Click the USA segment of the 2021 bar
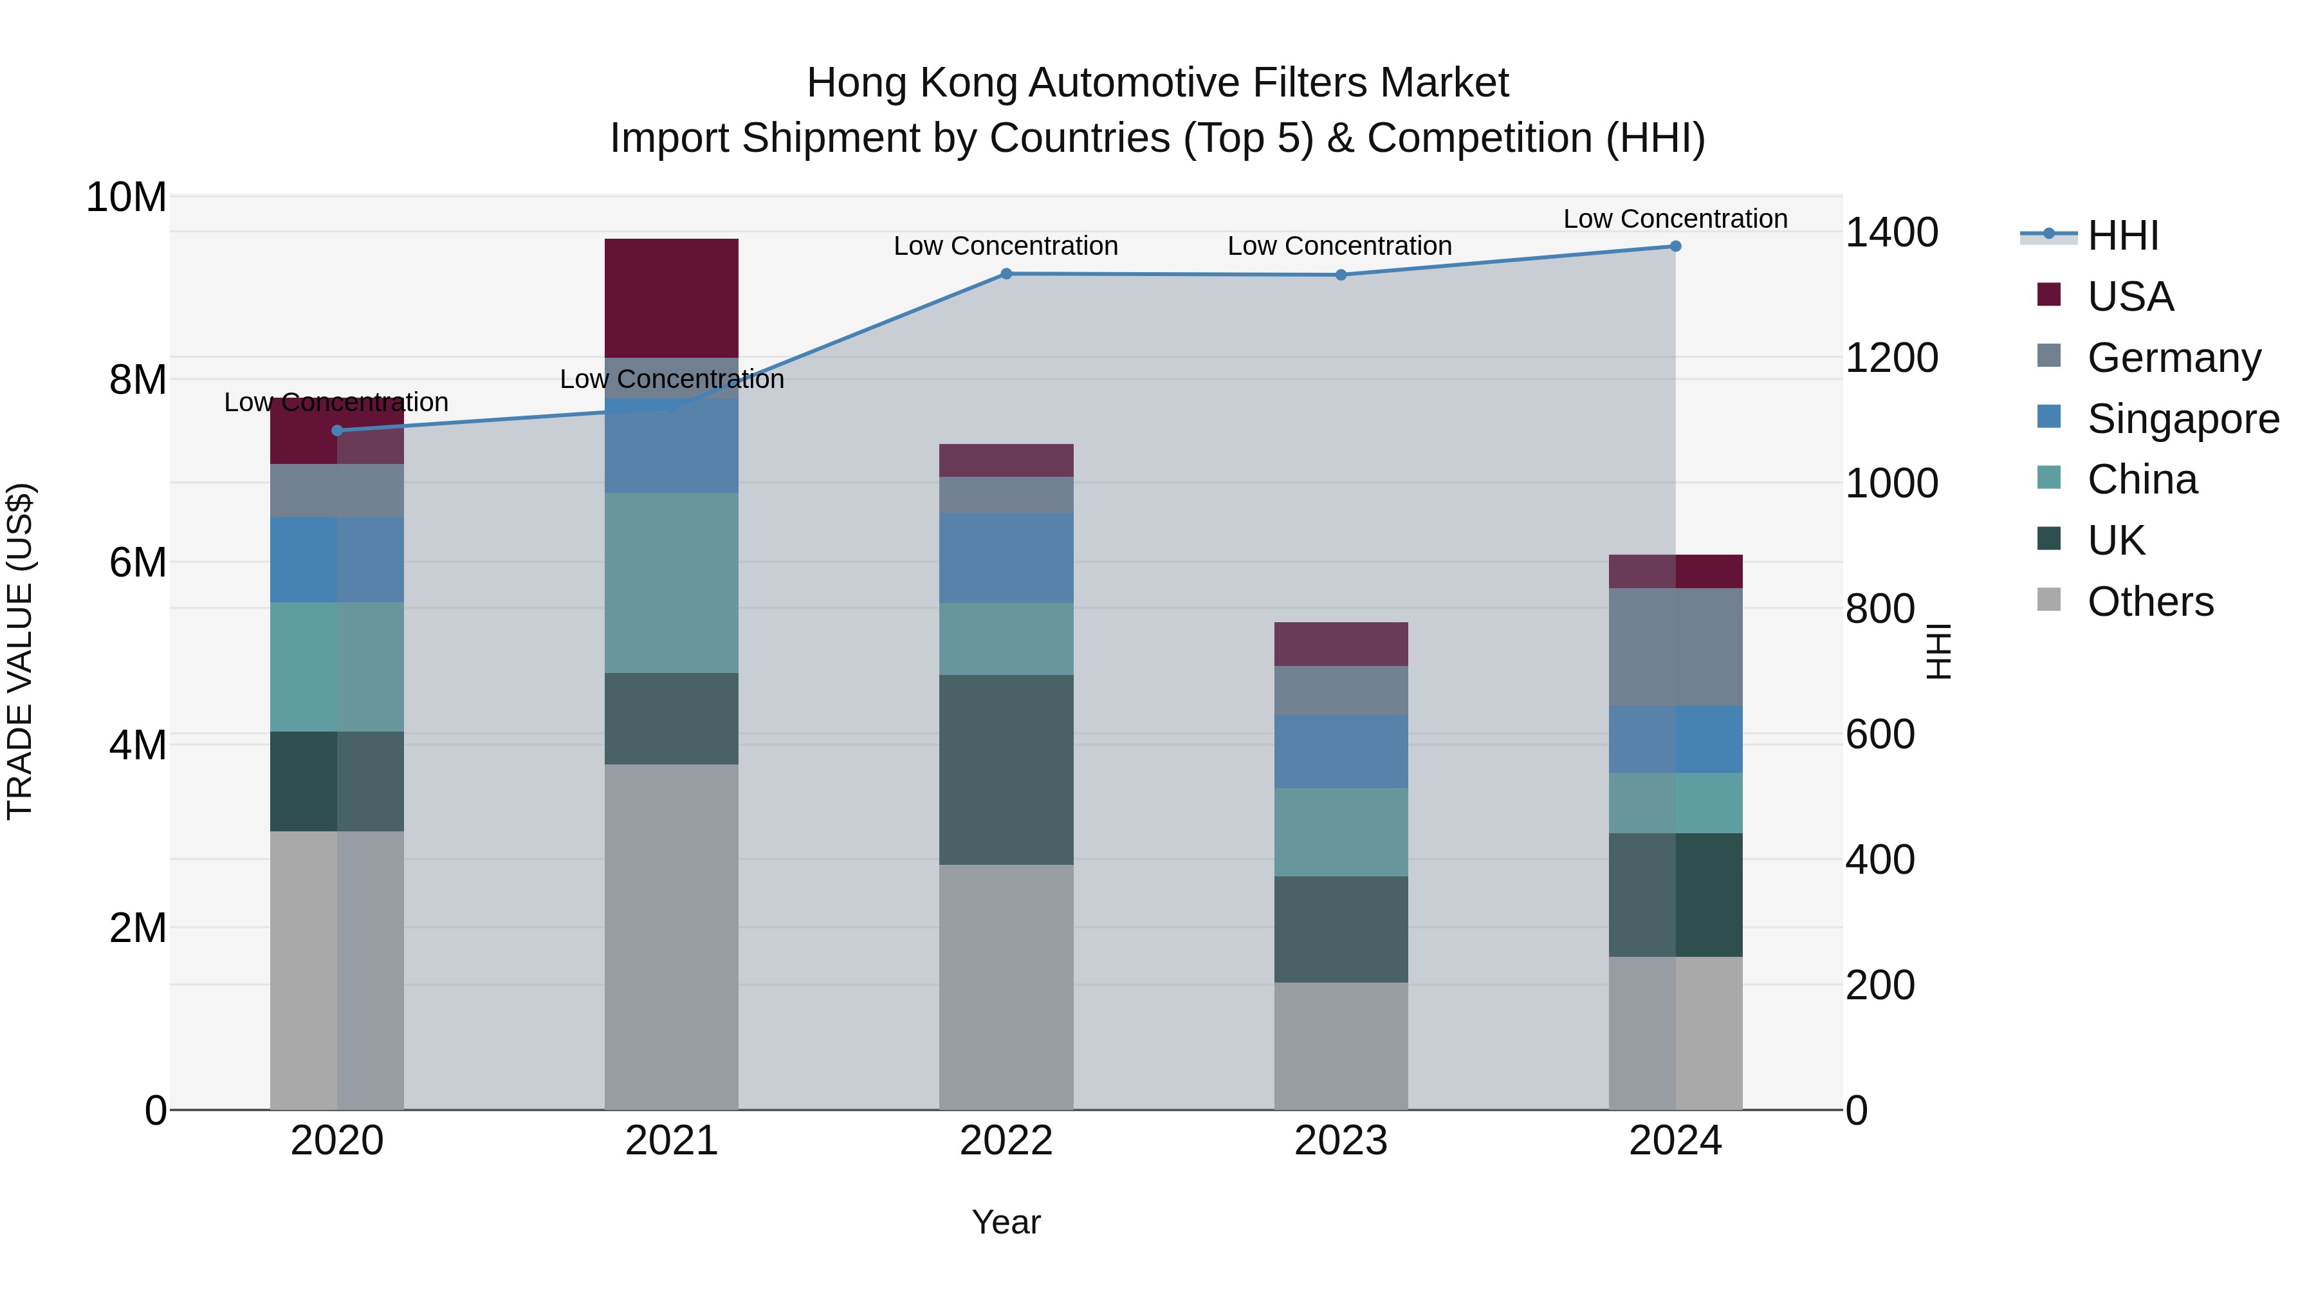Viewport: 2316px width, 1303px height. [x=671, y=298]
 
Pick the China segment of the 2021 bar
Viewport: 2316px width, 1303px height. [x=671, y=583]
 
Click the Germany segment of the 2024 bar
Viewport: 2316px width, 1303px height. [x=1675, y=647]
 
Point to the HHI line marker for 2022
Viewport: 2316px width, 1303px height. [x=1006, y=274]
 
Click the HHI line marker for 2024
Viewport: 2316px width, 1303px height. [x=1675, y=246]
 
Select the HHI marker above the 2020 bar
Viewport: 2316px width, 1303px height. [x=337, y=430]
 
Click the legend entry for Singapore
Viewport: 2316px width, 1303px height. [x=2182, y=419]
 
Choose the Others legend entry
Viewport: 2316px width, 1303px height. [x=2149, y=602]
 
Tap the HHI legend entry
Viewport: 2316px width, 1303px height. [x=2122, y=236]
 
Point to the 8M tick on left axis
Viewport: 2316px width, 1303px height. [x=138, y=380]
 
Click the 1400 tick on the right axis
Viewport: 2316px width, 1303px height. [x=1891, y=233]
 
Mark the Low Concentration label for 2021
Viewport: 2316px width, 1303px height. [x=671, y=380]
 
